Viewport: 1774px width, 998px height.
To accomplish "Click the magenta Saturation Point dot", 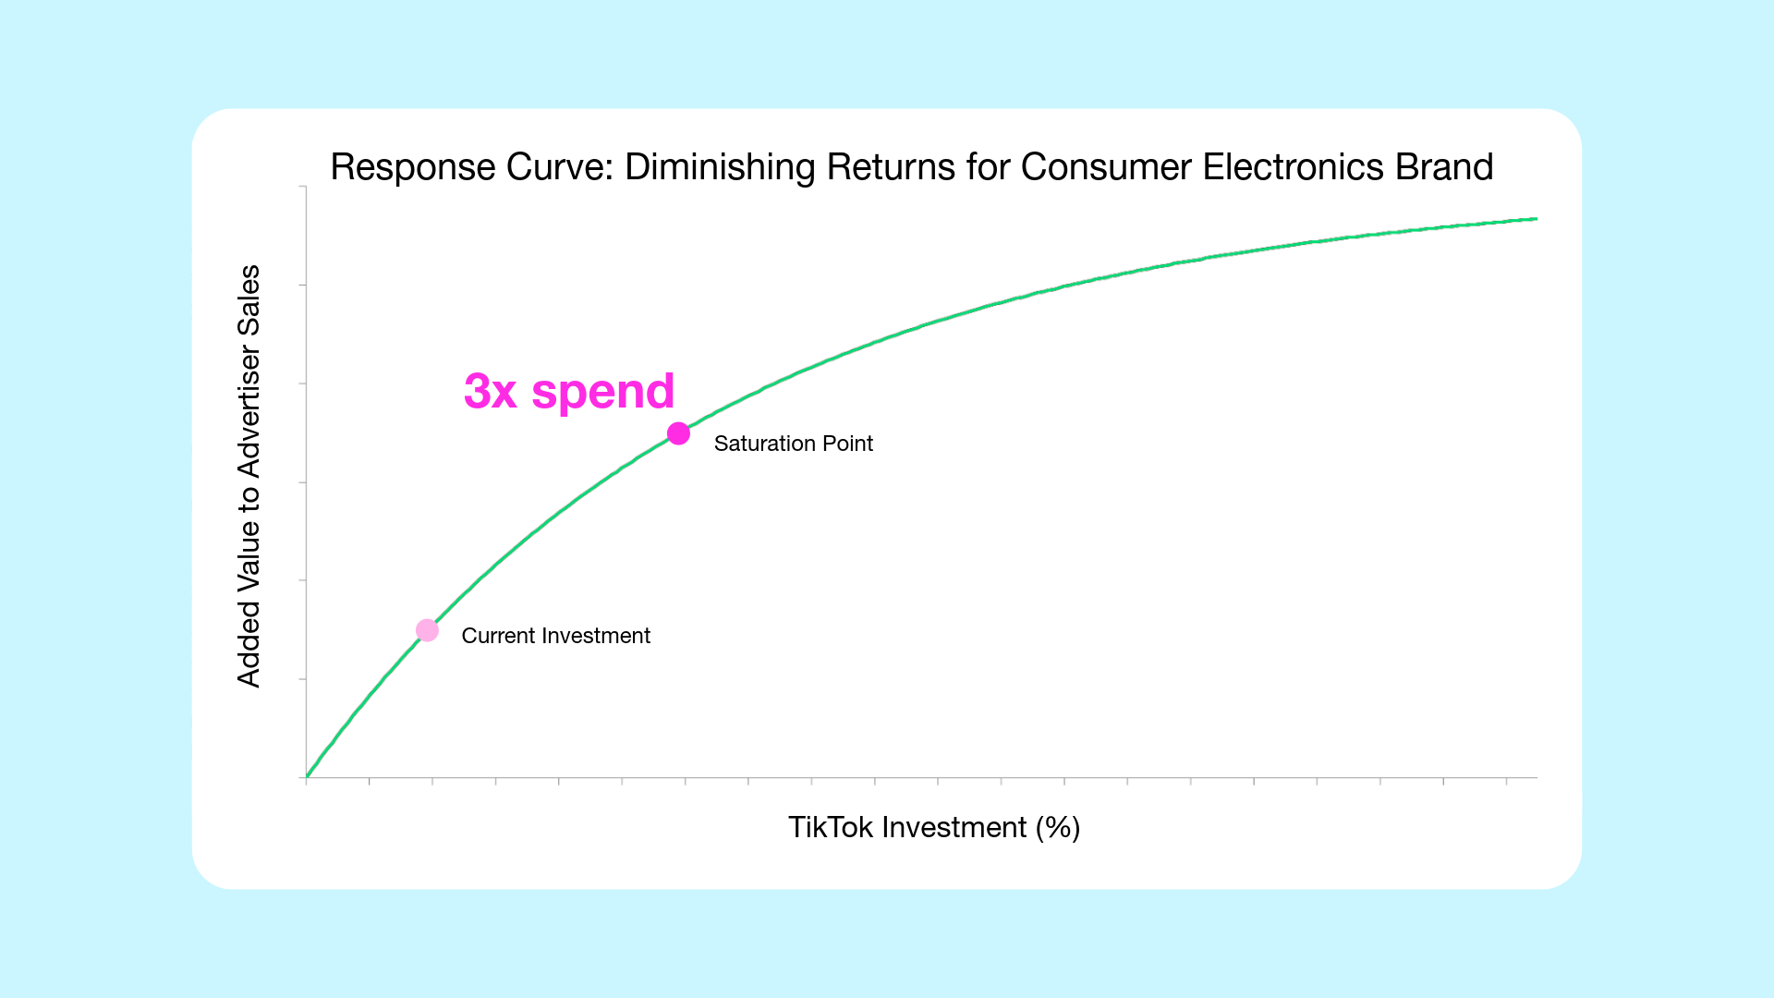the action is pos(678,433).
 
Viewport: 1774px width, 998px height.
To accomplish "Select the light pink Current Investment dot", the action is pos(427,630).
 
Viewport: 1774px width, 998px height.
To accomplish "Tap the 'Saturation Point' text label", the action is pos(793,444).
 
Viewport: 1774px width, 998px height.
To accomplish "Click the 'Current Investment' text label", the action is pos(555,636).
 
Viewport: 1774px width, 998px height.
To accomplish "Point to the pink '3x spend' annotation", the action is pos(569,391).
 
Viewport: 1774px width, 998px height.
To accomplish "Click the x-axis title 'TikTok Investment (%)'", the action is pos(933,827).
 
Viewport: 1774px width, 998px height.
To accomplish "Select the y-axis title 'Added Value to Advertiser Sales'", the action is pos(249,476).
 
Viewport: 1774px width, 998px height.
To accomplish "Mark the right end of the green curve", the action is pos(1537,219).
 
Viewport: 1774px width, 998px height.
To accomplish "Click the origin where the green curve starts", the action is pos(307,776).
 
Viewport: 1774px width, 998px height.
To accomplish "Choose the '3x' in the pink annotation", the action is pos(490,392).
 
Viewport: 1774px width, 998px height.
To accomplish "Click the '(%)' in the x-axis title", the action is pos(1058,828).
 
